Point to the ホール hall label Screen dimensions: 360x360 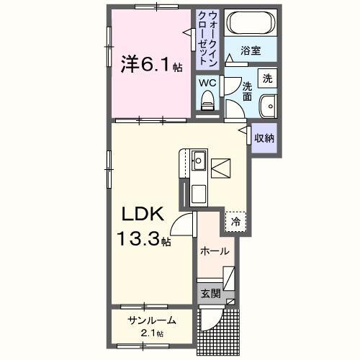pyautogui.click(x=214, y=251)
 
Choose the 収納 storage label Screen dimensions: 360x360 pyautogui.click(x=264, y=138)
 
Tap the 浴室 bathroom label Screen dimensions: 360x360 pyautogui.click(x=250, y=52)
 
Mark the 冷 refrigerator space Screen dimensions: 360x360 pyautogui.click(x=235, y=222)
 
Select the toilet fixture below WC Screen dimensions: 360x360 pyautogui.click(x=209, y=101)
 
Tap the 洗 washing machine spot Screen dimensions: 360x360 pyautogui.click(x=267, y=78)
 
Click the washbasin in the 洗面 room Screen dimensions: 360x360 pyautogui.click(x=269, y=104)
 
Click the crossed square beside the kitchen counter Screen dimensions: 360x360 pyautogui.click(x=222, y=168)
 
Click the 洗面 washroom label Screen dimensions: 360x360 pyautogui.click(x=247, y=91)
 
